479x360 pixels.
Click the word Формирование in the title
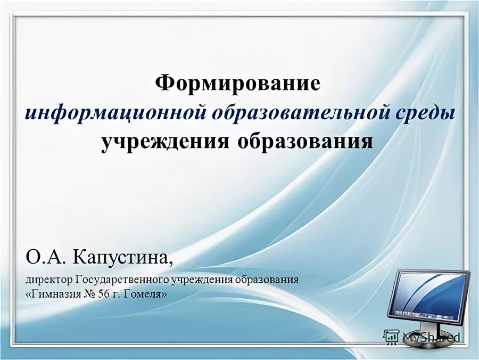tap(238, 83)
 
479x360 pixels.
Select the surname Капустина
tap(123, 259)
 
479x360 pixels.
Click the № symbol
tap(96, 293)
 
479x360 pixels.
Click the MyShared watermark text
tap(431, 337)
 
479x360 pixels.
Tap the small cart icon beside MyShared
tap(391, 336)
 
